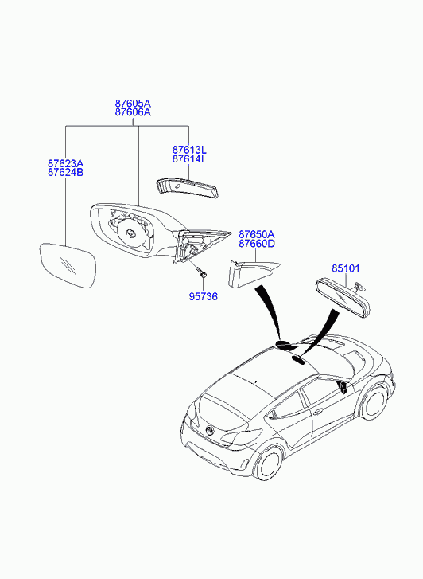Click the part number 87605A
coord(133,103)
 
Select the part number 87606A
coord(133,112)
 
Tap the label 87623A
coord(65,163)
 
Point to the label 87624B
coord(65,173)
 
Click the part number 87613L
coord(189,150)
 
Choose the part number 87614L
coord(189,159)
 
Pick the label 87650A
coord(256,234)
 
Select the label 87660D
coord(256,244)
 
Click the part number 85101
coord(346,268)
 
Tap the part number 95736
coord(204,296)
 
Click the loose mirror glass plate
coord(68,265)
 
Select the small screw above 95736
coord(203,274)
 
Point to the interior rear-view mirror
coord(343,299)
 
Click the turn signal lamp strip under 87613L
coord(187,188)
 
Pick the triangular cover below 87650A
coord(251,274)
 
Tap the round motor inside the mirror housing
coord(130,233)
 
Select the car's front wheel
coord(374,402)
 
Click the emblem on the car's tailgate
coord(210,431)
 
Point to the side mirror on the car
coord(343,387)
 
